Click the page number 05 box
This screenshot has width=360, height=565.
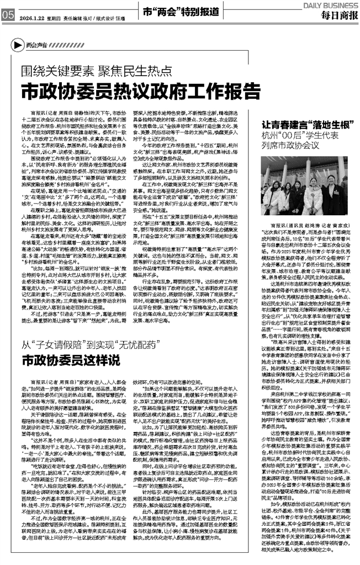point(7,15)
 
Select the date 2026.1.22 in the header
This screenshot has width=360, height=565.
point(31,17)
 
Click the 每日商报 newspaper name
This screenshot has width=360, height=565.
point(338,15)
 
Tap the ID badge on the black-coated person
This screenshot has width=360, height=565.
point(336,193)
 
